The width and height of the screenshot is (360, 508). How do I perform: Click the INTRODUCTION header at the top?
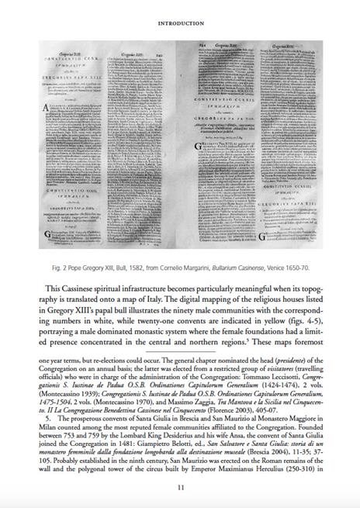180,24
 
